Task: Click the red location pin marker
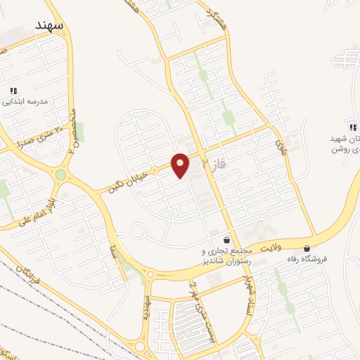[x=181, y=165]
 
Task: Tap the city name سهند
[x=49, y=25]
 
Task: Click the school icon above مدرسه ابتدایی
[x=13, y=91]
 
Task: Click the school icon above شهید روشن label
[x=352, y=127]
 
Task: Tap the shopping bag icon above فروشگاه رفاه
[x=307, y=247]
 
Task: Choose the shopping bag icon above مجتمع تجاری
[x=225, y=240]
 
